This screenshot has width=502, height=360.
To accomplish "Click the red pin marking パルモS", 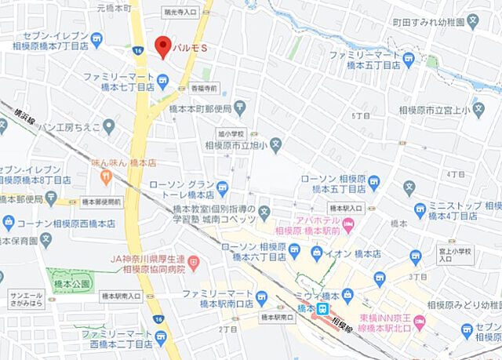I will pos(163,45).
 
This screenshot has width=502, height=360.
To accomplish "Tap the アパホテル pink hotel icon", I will pos(349,227).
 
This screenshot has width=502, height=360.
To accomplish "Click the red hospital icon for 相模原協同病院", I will pos(194,260).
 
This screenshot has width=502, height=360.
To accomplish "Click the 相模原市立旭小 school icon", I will pos(276,144).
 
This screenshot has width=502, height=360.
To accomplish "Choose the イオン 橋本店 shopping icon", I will pos(316,252).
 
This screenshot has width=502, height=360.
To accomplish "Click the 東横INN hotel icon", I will pos(419,321).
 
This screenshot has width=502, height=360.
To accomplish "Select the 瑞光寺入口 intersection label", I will pos(180,13).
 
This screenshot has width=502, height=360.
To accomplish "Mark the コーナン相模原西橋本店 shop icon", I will pos(9,223).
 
